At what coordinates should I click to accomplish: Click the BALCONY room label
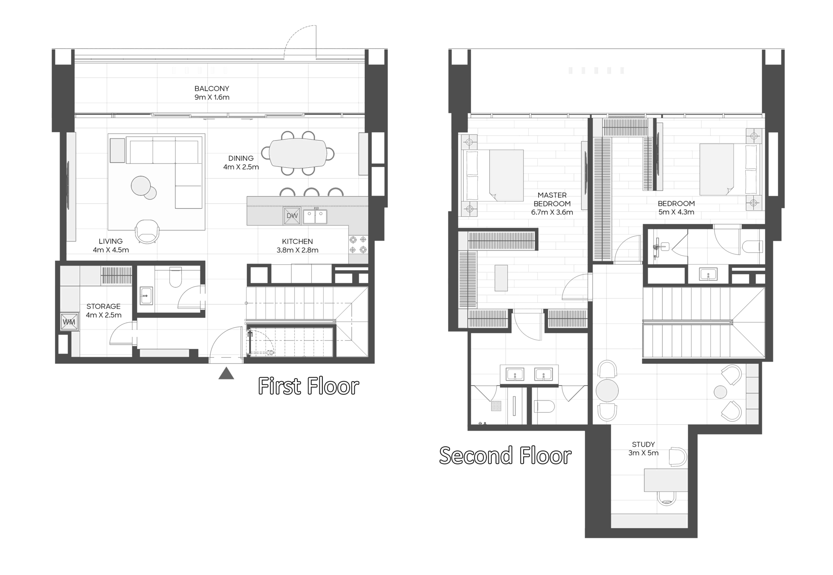[x=212, y=88]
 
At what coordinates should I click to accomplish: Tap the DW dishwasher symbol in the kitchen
[x=292, y=216]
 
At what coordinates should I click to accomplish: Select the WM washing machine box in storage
[x=69, y=322]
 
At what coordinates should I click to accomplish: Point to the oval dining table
[x=298, y=153]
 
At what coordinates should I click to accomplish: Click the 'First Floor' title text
[x=308, y=386]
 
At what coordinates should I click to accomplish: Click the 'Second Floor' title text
[x=505, y=455]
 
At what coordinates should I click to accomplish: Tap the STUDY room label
[x=643, y=444]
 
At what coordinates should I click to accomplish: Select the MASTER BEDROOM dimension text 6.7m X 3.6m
[x=552, y=212]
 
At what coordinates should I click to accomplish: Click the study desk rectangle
[x=666, y=480]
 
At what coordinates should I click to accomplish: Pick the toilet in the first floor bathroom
[x=175, y=277]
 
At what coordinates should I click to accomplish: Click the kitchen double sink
[x=315, y=216]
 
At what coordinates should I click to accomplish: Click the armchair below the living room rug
[x=147, y=231]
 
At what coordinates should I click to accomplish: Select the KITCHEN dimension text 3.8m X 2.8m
[x=297, y=250]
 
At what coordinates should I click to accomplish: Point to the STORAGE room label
[x=104, y=306]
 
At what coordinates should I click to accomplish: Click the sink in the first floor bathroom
[x=146, y=295]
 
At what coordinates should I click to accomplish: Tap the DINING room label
[x=241, y=158]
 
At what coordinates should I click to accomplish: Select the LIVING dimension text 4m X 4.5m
[x=111, y=250]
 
